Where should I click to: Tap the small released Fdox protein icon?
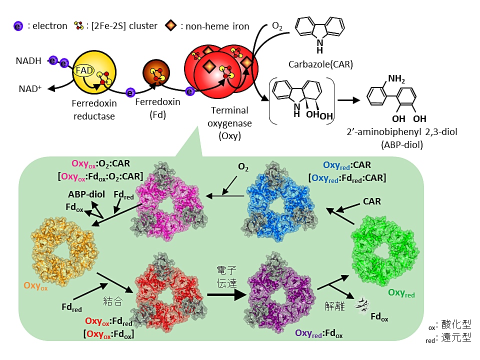pos(360,303)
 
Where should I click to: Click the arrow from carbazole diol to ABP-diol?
pos(349,99)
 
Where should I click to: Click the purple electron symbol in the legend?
pos(18,25)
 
